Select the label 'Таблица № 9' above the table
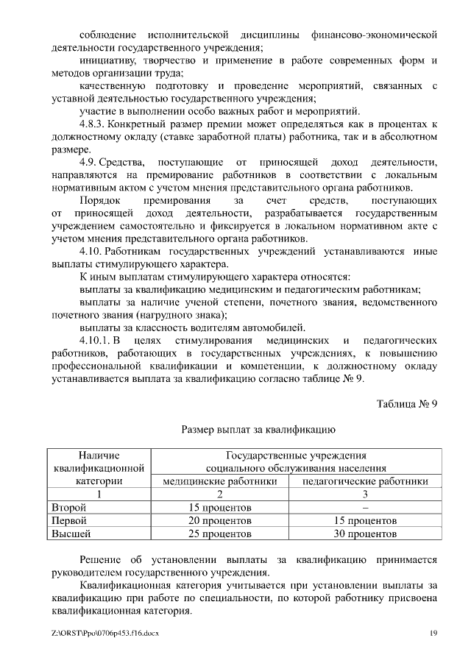tap(407, 403)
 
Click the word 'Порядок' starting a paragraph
tap(99, 200)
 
